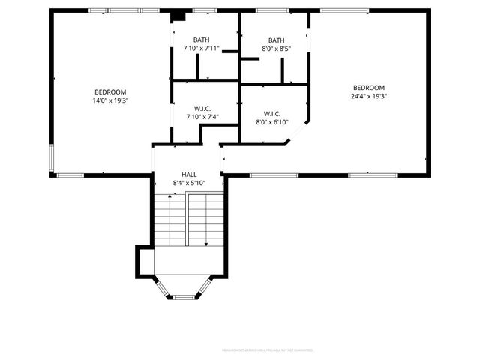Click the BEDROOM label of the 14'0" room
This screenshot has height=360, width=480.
110,91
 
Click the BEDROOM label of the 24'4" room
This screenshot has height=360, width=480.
368,87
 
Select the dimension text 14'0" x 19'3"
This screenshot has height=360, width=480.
110,100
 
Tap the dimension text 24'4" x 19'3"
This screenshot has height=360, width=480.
368,96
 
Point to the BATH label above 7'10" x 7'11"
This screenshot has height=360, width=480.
202,40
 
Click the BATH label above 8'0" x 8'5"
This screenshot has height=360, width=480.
277,40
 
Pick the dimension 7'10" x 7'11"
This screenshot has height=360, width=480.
202,49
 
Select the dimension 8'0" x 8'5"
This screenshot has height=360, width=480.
277,49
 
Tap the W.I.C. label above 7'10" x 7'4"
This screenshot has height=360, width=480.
200,108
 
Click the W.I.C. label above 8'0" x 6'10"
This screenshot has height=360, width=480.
271,113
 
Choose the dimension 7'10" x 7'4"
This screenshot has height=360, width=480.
200,117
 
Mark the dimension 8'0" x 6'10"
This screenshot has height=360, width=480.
271,122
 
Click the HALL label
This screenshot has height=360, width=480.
189,174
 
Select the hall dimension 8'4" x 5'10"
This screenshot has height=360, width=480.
189,183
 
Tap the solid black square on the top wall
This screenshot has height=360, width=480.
178,16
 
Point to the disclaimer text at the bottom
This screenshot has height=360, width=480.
267,349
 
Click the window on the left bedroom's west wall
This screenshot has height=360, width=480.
52,158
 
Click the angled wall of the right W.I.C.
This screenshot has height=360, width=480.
298,132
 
